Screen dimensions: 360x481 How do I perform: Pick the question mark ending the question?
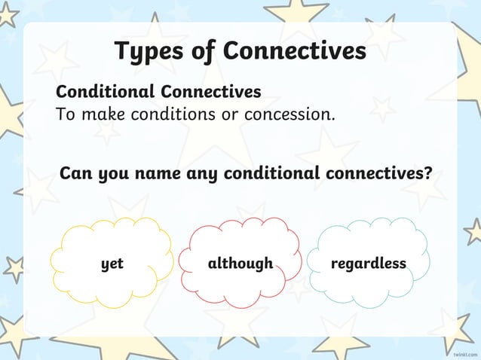(427, 173)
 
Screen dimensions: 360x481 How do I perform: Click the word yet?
(112, 264)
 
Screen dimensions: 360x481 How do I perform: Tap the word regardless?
(368, 264)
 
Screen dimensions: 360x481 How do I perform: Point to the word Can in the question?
(76, 174)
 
